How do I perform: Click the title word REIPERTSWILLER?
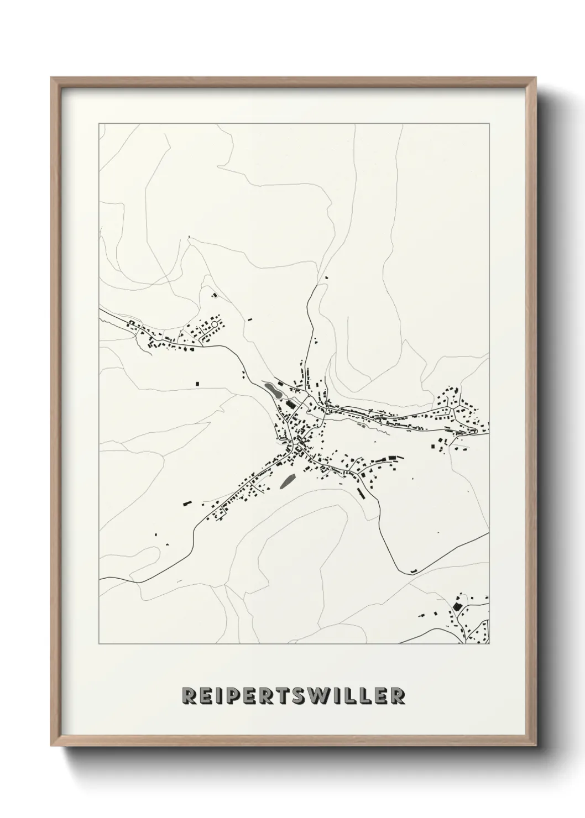point(293,696)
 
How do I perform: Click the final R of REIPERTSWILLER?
point(396,696)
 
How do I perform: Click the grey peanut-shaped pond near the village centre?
point(272,390)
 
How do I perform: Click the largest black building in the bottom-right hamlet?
point(457,606)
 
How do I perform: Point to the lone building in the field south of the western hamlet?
point(197,382)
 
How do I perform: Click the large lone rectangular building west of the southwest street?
point(187,502)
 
